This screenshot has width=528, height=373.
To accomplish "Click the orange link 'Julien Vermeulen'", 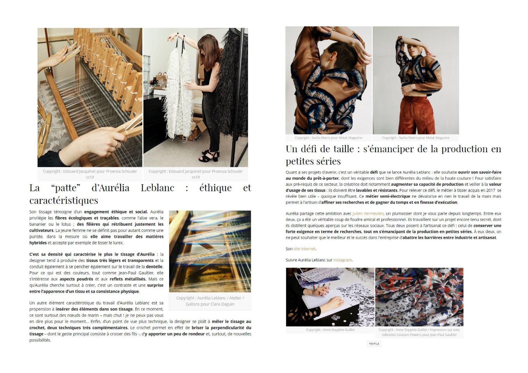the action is tap(368, 214).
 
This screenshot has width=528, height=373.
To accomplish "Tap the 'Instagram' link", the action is tap(342, 260).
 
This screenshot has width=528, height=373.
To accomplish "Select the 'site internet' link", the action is tap(304, 249).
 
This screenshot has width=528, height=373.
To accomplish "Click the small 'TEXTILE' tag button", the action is tap(374, 344).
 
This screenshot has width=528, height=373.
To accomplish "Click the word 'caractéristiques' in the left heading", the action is tap(64, 200).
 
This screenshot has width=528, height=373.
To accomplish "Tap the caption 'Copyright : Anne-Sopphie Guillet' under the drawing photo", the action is tap(330, 330).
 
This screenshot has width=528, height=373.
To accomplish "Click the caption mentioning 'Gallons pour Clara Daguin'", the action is tap(210, 304).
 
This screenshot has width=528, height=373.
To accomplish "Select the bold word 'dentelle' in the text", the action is tap(154, 267).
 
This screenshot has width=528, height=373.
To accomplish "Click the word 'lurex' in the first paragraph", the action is tap(118, 243).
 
